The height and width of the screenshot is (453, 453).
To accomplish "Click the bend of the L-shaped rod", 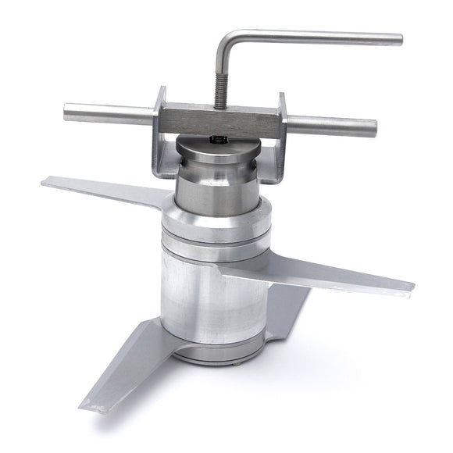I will (x=223, y=39).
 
